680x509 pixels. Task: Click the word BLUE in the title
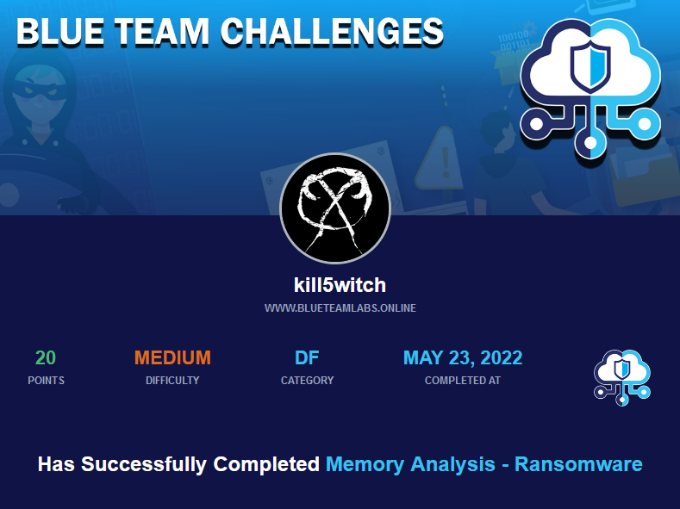coord(60,32)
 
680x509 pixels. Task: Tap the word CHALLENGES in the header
coord(332,32)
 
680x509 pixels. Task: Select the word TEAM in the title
coord(162,32)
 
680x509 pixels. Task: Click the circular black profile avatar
coord(335,208)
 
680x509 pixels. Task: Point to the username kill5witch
coord(340,285)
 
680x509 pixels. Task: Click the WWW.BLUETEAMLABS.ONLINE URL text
coord(340,308)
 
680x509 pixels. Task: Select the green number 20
coord(46,357)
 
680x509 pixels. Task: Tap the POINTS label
coord(46,381)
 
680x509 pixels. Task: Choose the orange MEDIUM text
coord(172,357)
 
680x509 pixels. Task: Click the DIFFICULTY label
coord(172,381)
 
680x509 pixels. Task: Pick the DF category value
coord(307,357)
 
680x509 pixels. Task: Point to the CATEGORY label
coord(307,381)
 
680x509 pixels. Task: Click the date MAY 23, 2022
coord(463,357)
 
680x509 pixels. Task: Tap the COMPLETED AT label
coord(463,381)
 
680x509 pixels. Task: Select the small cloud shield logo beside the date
coord(622,378)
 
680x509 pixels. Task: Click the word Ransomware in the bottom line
coord(578,464)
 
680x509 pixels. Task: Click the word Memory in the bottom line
coord(365,465)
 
